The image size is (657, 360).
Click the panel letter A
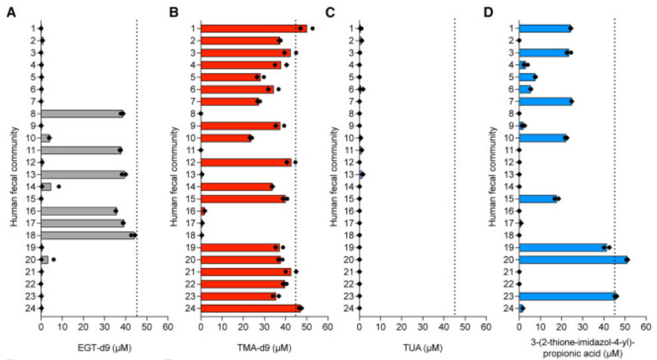(11, 11)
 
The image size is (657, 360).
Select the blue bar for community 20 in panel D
(573, 259)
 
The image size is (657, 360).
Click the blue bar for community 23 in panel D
(568, 296)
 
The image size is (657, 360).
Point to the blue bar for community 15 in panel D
(538, 198)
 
